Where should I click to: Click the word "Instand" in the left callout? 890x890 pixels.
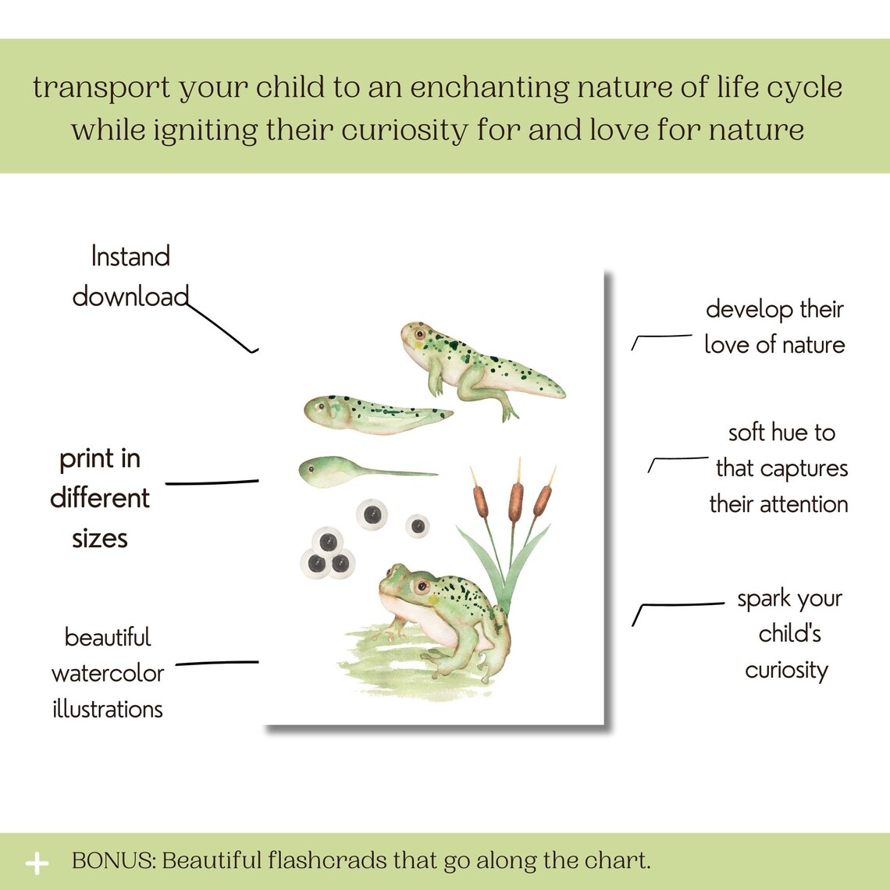[x=130, y=257]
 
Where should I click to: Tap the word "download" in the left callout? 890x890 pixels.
[x=130, y=297]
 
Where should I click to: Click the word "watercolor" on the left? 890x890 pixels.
[x=108, y=673]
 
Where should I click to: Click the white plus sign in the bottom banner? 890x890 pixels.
[x=37, y=863]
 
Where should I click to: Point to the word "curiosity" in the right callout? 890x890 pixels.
[x=786, y=670]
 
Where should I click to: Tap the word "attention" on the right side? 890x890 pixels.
[x=803, y=504]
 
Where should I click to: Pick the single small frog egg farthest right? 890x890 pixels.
[x=418, y=525]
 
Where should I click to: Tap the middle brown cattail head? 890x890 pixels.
[x=515, y=502]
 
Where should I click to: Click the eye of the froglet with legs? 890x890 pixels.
[x=419, y=334]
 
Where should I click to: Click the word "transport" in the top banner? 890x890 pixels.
[x=101, y=87]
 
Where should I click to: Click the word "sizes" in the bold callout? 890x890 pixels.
[x=100, y=539]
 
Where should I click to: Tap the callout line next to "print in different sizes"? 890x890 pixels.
[x=212, y=482]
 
